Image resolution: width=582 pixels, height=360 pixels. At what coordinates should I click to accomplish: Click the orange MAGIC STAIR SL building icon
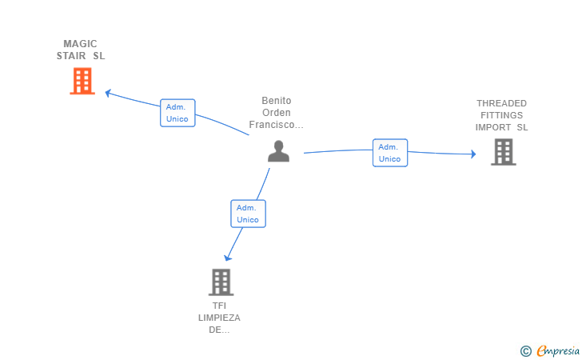click(82, 81)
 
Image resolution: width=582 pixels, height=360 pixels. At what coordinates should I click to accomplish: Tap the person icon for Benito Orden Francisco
click(278, 151)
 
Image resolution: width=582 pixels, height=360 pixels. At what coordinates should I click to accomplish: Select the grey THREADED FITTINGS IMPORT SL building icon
click(504, 152)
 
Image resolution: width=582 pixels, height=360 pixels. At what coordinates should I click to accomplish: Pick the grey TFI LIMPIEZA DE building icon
click(221, 282)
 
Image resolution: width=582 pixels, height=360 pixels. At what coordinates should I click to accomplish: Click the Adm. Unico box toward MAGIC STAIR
click(177, 113)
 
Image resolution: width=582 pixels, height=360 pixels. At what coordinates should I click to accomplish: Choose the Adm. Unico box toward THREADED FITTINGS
click(390, 153)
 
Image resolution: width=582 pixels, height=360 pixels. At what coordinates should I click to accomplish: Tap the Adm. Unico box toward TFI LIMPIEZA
click(248, 214)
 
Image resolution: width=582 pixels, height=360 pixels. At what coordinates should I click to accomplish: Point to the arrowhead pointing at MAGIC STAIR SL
click(108, 93)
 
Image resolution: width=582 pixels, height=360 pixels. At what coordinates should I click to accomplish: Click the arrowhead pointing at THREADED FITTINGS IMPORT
click(473, 154)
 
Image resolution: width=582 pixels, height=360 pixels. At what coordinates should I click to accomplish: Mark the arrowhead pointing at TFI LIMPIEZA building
click(228, 258)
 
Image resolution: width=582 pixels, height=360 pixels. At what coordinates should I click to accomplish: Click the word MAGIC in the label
click(80, 44)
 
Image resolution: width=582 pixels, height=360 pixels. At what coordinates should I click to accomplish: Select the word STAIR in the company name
click(71, 56)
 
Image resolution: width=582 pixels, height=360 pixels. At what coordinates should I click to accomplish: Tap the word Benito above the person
click(277, 101)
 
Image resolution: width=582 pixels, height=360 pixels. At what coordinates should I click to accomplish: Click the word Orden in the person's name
click(277, 113)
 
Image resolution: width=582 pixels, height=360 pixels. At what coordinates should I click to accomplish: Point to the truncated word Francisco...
click(276, 125)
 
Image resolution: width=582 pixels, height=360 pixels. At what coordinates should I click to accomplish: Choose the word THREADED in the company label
click(501, 103)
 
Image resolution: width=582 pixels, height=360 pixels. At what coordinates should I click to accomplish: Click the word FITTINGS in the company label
click(501, 115)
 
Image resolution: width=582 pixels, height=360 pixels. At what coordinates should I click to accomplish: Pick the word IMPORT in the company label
click(493, 127)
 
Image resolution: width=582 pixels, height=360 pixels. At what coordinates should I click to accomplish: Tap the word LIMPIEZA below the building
click(219, 318)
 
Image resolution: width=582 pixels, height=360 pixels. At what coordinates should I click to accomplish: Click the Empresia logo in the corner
click(550, 350)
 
